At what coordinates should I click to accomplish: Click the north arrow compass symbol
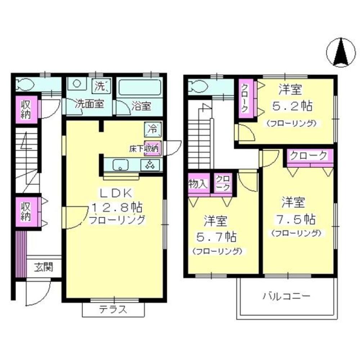pos(341,53)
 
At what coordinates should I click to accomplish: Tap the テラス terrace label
pos(113,309)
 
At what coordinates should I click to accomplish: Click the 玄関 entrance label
pos(44,267)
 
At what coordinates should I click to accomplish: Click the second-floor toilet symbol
pos(197,86)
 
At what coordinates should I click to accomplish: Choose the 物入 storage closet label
pos(198,183)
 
